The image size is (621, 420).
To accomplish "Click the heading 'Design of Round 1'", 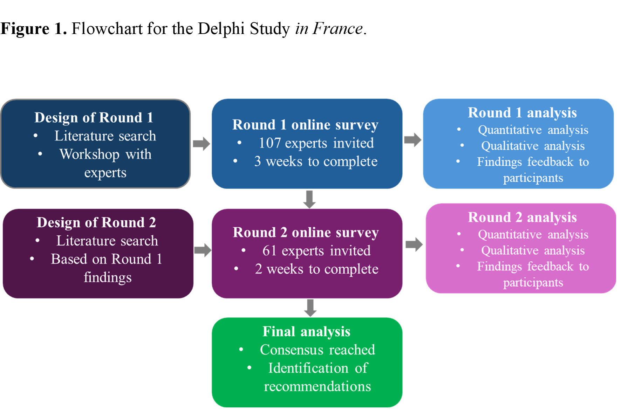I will (94, 118).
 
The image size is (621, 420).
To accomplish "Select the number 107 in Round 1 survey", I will (269, 143).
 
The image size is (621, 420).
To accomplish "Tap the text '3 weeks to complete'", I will (316, 161).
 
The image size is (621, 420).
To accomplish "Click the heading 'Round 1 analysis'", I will (522, 113).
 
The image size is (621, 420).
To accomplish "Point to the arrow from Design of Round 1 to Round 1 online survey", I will (202, 143).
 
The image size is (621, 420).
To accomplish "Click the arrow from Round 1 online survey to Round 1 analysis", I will (413, 140).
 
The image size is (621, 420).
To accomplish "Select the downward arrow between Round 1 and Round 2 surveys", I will (309, 199).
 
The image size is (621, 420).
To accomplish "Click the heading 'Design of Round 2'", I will (96, 222).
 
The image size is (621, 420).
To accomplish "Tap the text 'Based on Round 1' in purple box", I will (106, 259).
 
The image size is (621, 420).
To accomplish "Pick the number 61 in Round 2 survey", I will (269, 251).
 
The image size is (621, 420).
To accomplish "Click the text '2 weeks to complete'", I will (316, 269).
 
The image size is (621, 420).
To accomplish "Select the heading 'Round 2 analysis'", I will (522, 218).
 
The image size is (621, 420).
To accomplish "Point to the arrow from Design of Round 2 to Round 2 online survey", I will (203, 250).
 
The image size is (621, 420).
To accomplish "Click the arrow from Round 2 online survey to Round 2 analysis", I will (414, 244).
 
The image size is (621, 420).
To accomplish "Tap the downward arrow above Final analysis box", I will (310, 308).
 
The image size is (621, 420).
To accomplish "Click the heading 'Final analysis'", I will (307, 332).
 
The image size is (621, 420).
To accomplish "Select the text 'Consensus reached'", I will (317, 350).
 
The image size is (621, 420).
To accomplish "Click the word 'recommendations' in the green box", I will (317, 386).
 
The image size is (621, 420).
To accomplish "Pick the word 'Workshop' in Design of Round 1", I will (89, 154).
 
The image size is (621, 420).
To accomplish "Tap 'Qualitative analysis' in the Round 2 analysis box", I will (533, 250).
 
